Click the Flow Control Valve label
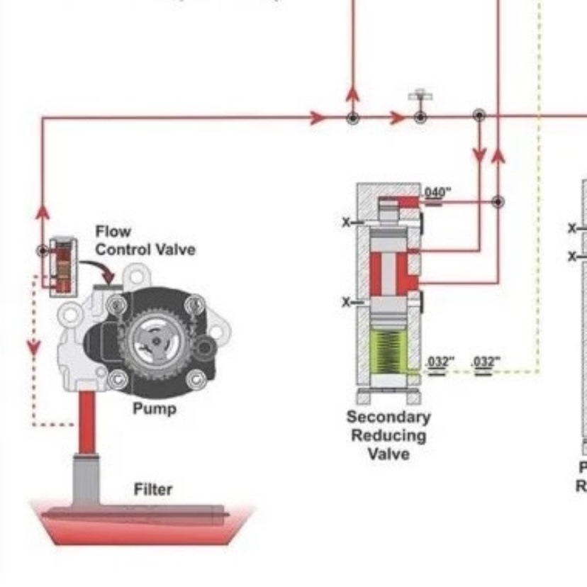145,241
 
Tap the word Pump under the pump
154,409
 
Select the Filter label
153,489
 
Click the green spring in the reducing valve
388,352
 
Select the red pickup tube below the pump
86,423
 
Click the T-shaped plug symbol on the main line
420,96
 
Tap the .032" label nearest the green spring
437,363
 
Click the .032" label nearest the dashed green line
486,363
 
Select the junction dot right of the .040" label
498,201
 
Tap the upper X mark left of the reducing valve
347,223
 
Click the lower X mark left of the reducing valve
347,303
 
